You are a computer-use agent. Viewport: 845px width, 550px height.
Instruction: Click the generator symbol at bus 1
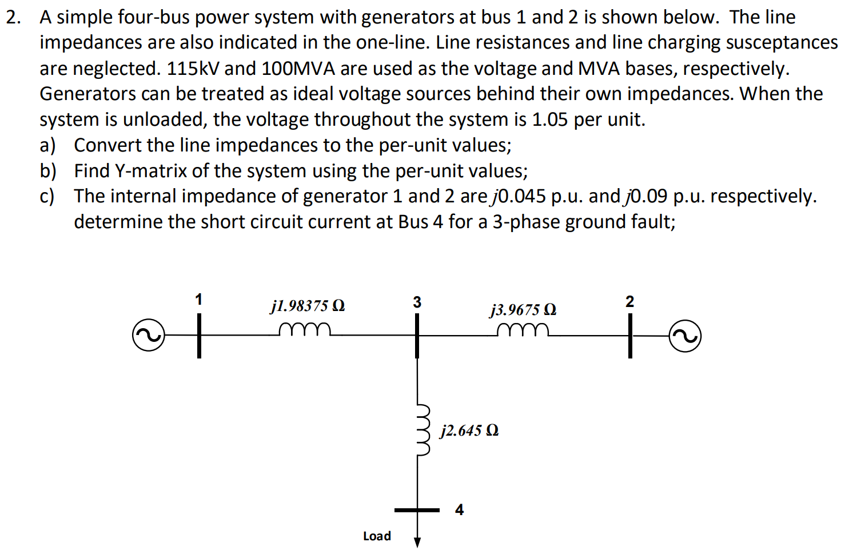148,336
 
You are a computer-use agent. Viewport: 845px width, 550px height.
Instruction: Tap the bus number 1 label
198,299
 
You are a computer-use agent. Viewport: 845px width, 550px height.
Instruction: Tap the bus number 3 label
417,302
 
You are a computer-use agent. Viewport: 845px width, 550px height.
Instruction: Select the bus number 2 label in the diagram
629,301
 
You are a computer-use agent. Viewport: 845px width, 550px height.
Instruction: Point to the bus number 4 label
459,509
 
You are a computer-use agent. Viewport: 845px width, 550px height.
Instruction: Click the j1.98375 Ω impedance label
308,306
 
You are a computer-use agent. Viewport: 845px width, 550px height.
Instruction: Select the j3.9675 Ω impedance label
523,310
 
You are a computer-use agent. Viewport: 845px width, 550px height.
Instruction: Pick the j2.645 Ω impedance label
469,431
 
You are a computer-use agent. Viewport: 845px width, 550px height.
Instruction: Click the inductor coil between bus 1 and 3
305,329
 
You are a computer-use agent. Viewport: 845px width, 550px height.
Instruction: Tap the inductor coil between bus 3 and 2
523,330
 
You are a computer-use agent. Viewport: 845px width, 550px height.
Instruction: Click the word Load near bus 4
377,536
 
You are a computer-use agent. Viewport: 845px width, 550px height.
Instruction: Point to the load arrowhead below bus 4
417,542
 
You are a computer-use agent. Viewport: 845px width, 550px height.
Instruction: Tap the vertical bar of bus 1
199,337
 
